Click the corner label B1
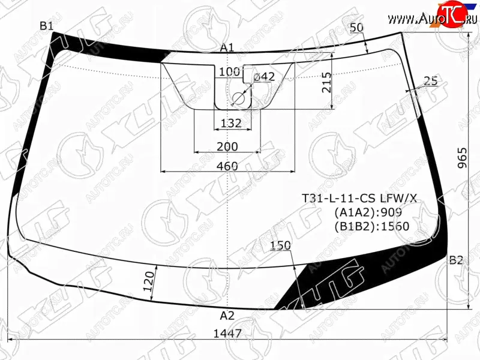coord(47,26)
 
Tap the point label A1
coord(227,47)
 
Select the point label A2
coord(227,316)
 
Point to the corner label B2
coord(456,260)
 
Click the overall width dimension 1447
coord(227,333)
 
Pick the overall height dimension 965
coord(463,158)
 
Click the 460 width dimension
coord(227,166)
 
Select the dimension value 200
coord(227,146)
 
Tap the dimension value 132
coord(231,124)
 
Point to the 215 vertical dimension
coord(326,82)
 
